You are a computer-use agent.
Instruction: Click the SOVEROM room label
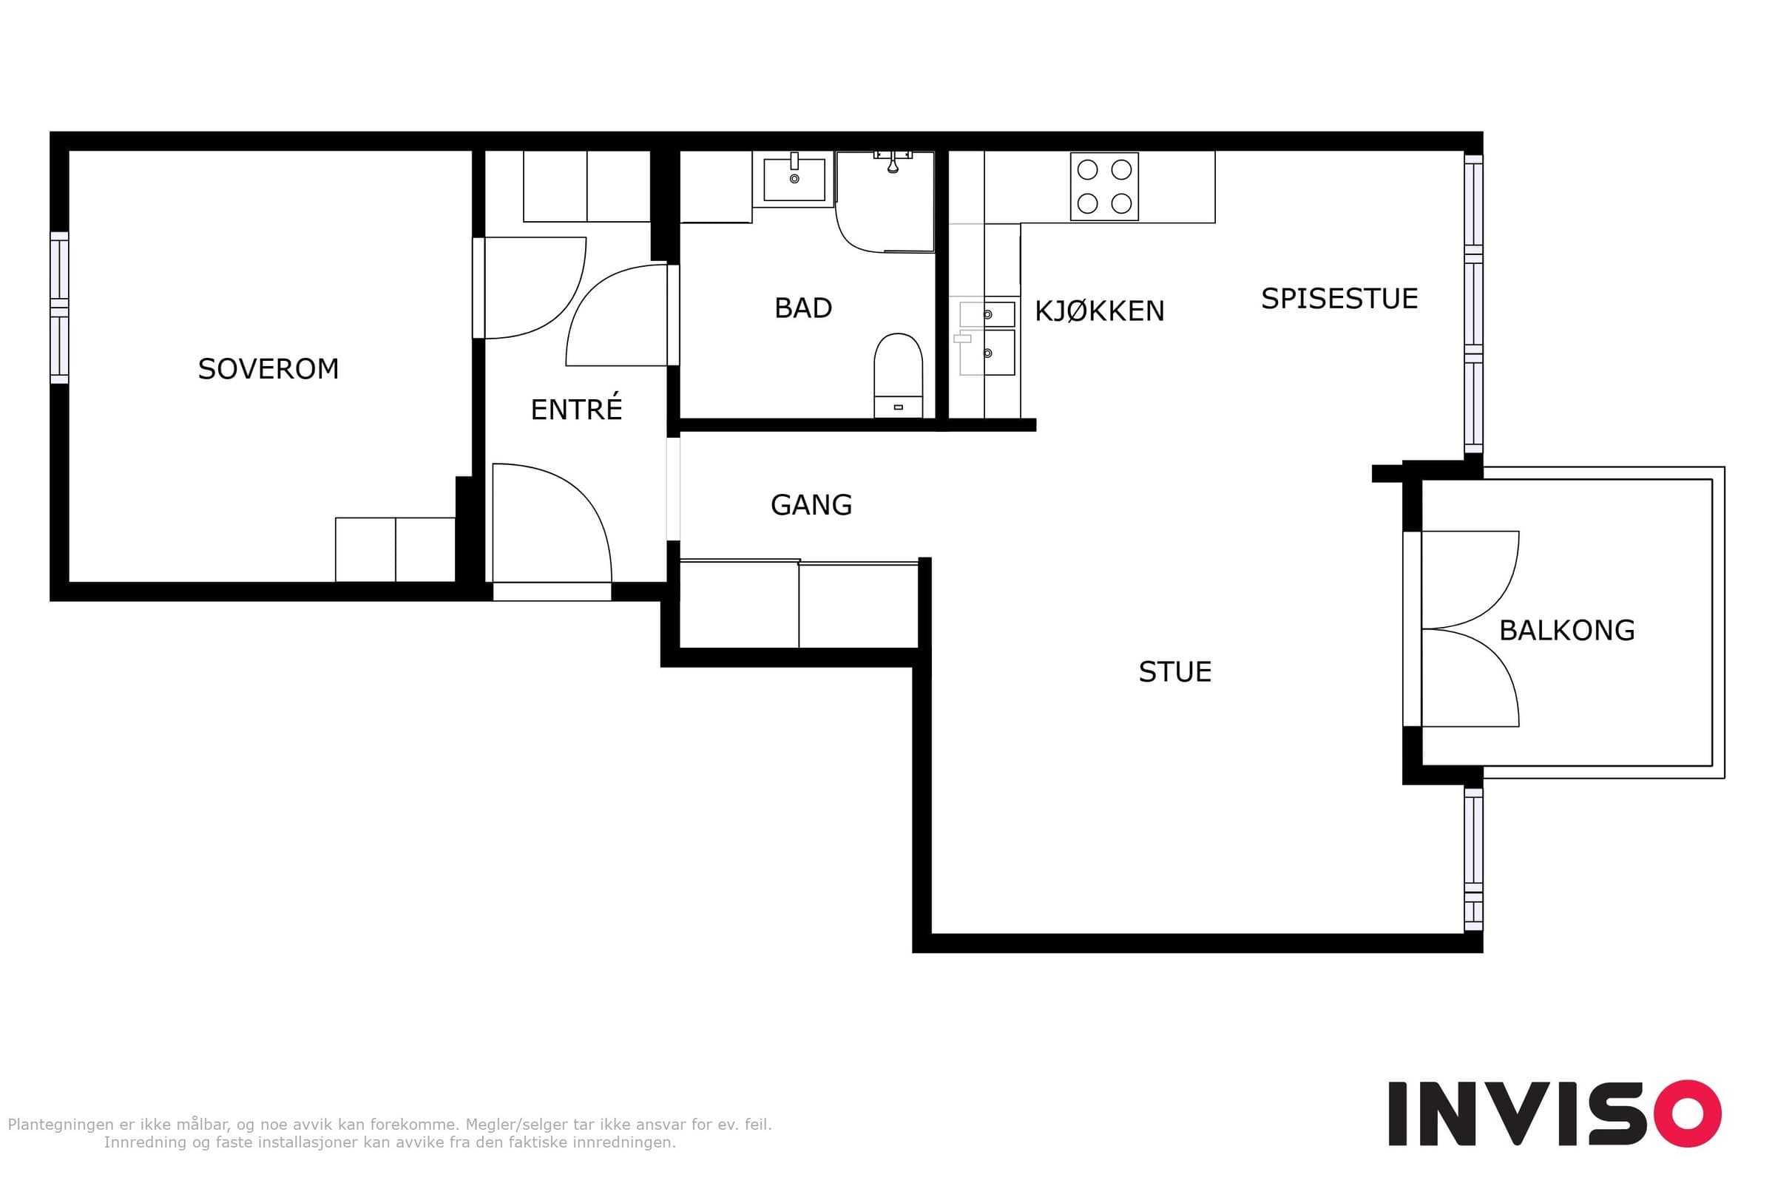tap(268, 369)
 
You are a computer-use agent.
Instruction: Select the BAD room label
tap(803, 308)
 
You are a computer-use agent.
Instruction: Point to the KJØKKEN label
tap(1099, 311)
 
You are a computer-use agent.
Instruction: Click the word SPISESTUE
tap(1339, 299)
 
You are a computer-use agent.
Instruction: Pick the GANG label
tap(811, 505)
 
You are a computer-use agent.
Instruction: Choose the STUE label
tap(1175, 671)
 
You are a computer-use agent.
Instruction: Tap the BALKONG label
tap(1566, 630)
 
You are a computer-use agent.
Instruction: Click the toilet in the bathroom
tap(898, 376)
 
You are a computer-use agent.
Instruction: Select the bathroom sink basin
tap(794, 179)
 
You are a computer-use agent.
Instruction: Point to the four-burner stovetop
tap(1104, 186)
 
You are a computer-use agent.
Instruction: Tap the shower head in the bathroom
tap(893, 163)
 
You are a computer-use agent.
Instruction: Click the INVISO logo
tap(1555, 1113)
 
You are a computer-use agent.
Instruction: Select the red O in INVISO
tap(1688, 1113)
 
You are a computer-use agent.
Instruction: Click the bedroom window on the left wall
tap(59, 308)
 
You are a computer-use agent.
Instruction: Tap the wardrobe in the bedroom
tap(395, 549)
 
